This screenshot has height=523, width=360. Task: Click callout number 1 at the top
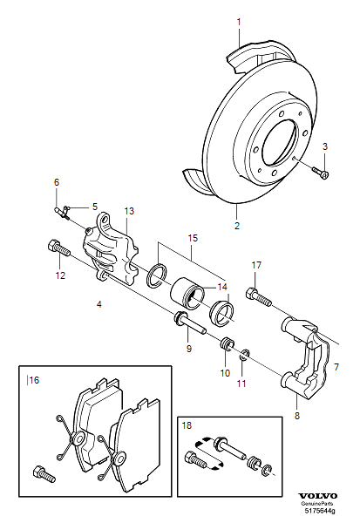[x=241, y=18]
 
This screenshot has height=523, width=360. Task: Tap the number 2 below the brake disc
[x=236, y=225]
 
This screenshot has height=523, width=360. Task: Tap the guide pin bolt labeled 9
[x=191, y=324]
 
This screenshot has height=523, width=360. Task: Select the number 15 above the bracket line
[x=193, y=237]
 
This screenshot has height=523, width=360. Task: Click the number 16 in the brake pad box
[x=36, y=379]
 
